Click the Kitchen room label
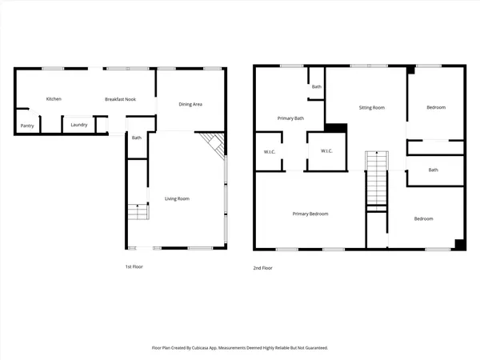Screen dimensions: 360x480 (x=54, y=99)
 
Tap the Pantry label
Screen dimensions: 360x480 (x=27, y=126)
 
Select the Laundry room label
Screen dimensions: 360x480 (x=78, y=125)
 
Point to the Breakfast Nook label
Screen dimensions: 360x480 (x=118, y=99)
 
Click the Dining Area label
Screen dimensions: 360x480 (x=190, y=105)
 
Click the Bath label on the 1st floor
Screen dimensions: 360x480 (x=137, y=138)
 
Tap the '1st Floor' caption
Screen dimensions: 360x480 (x=134, y=266)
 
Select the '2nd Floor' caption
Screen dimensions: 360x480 (x=262, y=268)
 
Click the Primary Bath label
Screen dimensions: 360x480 (x=290, y=118)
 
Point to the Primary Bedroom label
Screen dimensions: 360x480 (x=310, y=214)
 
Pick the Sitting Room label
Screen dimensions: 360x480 (x=371, y=107)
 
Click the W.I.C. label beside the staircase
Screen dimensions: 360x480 (x=326, y=151)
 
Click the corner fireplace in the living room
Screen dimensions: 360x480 (x=214, y=144)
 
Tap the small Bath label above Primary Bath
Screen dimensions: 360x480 (x=317, y=86)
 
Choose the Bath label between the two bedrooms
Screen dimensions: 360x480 (x=433, y=170)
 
